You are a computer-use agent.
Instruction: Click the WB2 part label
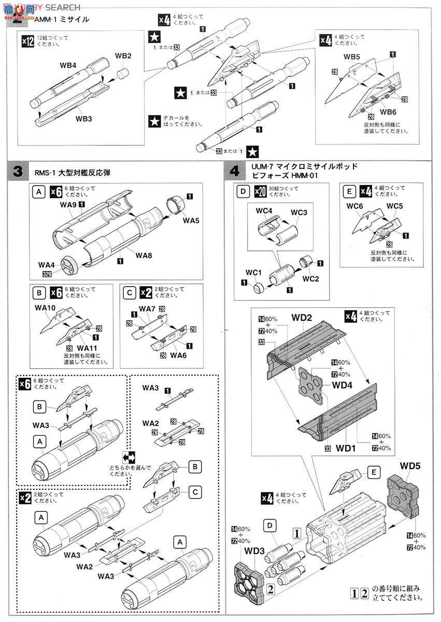[123, 56]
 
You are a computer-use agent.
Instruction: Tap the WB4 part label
[68, 66]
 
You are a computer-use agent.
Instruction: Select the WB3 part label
[83, 119]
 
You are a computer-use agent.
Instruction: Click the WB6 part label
[388, 112]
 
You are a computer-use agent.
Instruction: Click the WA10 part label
[45, 307]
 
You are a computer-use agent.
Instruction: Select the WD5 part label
[410, 465]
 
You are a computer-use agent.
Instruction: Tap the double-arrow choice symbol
[129, 457]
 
